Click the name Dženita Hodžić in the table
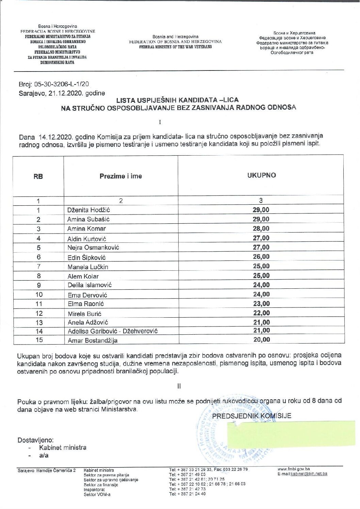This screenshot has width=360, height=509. [88, 210]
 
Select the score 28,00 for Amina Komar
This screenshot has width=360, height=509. [261, 228]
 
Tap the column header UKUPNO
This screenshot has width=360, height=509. [261, 175]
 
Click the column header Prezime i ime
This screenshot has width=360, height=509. [120, 176]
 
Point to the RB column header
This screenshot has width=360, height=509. [38, 176]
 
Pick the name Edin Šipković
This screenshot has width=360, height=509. [86, 257]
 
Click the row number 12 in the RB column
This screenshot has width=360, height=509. [39, 313]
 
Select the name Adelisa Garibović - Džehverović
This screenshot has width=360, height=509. [112, 331]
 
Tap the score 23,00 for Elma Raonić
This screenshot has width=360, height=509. [261, 303]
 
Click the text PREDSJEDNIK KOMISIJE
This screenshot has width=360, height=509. [251, 416]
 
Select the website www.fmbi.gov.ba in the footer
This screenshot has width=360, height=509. [293, 469]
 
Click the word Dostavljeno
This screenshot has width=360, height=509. [35, 440]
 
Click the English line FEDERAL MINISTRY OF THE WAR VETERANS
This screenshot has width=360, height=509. [175, 47]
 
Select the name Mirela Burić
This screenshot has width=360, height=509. [84, 314]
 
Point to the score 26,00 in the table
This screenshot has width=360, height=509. [261, 257]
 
